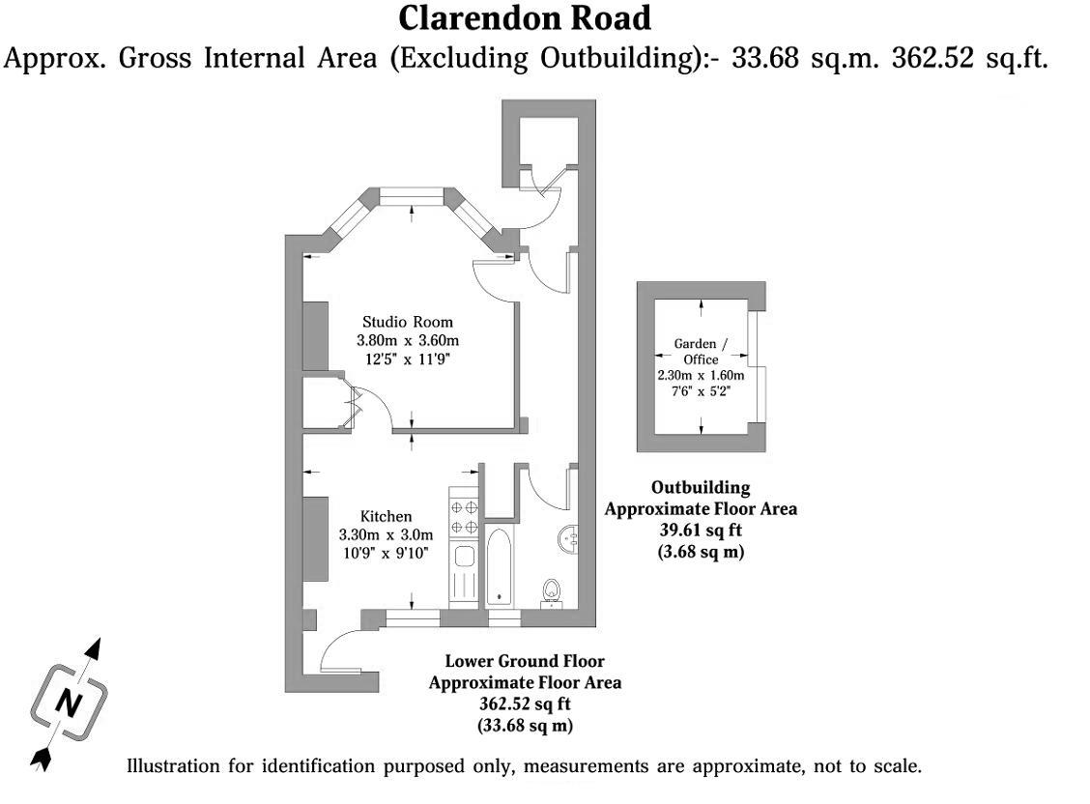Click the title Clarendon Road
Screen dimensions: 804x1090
pyautogui.click(x=525, y=18)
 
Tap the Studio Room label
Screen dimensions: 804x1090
pyautogui.click(x=407, y=322)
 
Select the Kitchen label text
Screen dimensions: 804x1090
pyautogui.click(x=386, y=516)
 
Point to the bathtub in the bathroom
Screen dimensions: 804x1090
pyautogui.click(x=501, y=565)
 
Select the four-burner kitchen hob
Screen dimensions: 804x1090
pyautogui.click(x=464, y=516)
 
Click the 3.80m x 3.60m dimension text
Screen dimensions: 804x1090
pyautogui.click(x=407, y=340)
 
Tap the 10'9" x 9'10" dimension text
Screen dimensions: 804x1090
pyautogui.click(x=386, y=553)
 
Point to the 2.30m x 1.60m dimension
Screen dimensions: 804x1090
pyautogui.click(x=700, y=375)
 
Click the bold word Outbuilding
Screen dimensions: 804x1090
pyautogui.click(x=700, y=488)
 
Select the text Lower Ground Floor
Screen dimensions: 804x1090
pyautogui.click(x=525, y=662)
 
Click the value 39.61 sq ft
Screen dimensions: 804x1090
pyautogui.click(x=700, y=531)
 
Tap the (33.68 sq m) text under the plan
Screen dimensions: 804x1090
pyautogui.click(x=525, y=724)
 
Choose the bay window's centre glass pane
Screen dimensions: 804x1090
pyautogui.click(x=412, y=197)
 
